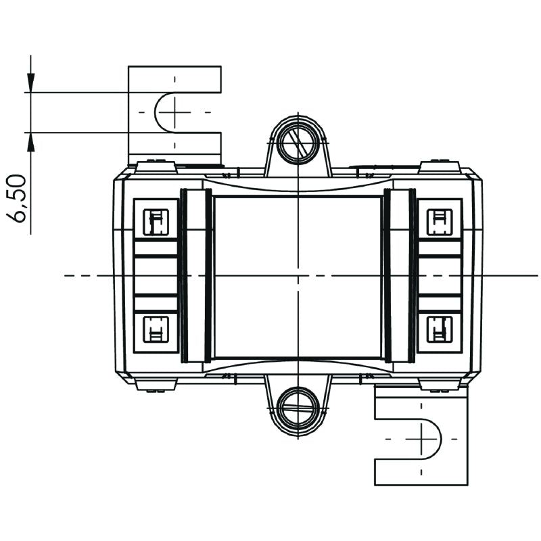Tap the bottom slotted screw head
point(297,408)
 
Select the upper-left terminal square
point(157,220)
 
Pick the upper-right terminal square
point(440,220)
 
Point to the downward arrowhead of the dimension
point(30,83)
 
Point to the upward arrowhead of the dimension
point(30,142)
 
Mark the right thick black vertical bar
point(412,276)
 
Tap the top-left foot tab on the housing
point(156,166)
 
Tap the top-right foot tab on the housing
point(439,166)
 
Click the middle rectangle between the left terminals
point(156,276)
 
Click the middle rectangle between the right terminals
point(440,276)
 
